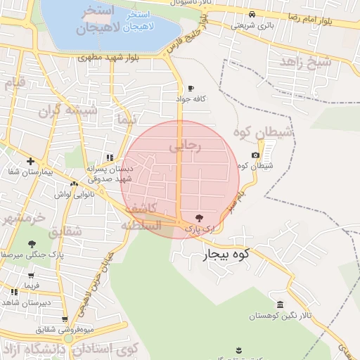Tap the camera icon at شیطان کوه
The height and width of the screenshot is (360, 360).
255,155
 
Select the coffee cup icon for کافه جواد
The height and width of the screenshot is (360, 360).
190,89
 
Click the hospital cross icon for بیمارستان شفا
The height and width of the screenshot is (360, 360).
30,161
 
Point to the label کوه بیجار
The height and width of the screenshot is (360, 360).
226,254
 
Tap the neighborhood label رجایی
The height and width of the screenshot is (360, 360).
185,146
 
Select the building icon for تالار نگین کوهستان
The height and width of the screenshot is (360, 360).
281,304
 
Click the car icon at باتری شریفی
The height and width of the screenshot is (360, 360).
252,15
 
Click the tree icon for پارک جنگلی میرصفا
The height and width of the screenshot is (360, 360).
32,244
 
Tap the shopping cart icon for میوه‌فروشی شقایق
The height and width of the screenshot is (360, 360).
65,319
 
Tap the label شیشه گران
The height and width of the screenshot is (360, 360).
60,110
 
